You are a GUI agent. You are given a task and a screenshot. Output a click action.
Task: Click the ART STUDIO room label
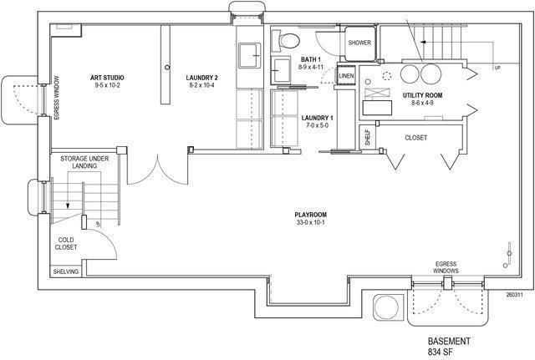pyautogui.click(x=107, y=78)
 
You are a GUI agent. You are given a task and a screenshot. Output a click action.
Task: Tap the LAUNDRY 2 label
pyautogui.click(x=201, y=78)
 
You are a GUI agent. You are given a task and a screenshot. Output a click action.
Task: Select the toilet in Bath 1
pyautogui.click(x=286, y=41)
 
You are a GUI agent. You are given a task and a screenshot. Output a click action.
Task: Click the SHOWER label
pyautogui.click(x=359, y=43)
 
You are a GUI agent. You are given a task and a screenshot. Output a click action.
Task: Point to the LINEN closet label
pyautogui.click(x=346, y=76)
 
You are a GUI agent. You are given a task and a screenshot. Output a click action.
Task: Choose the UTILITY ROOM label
pyautogui.click(x=422, y=95)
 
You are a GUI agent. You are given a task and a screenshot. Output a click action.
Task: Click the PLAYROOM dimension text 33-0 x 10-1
pyautogui.click(x=311, y=223)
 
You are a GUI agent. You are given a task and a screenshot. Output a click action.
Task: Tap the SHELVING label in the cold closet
pyautogui.click(x=66, y=271)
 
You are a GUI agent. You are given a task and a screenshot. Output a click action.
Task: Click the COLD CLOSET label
pyautogui.click(x=66, y=243)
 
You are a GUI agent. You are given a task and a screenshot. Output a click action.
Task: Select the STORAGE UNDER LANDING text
pyautogui.click(x=84, y=162)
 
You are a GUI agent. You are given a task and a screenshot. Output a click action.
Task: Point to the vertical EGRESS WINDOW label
pyautogui.click(x=57, y=98)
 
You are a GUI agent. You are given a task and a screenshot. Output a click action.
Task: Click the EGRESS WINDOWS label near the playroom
pyautogui.click(x=446, y=267)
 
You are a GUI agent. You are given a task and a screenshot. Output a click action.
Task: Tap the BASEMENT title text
pyautogui.click(x=449, y=342)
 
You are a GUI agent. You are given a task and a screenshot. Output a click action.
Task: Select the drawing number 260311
pyautogui.click(x=515, y=295)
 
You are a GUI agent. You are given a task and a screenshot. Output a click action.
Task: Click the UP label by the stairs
pyautogui.click(x=497, y=68)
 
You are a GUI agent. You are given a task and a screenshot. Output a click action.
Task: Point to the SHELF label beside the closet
pyautogui.click(x=367, y=137)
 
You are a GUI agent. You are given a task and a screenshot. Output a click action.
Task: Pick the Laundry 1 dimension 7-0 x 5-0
pyautogui.click(x=317, y=125)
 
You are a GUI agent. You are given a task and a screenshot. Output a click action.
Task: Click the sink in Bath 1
pyautogui.click(x=281, y=70)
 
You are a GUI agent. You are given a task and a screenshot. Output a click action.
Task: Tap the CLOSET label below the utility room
pyautogui.click(x=416, y=138)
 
